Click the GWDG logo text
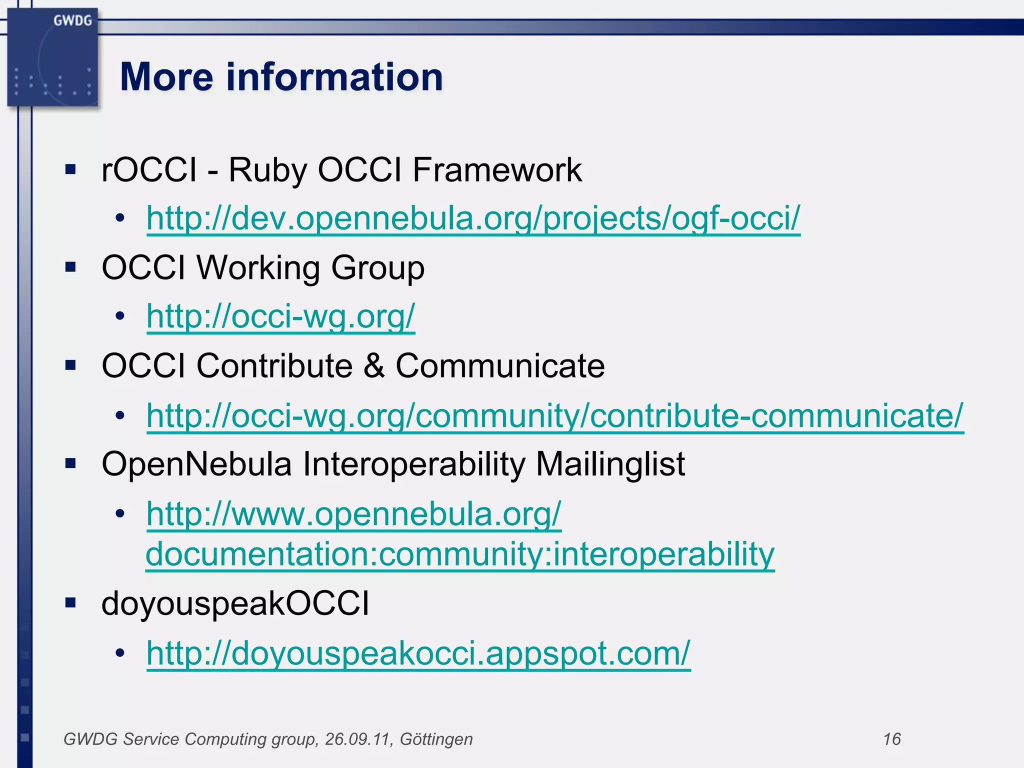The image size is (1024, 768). click(x=72, y=20)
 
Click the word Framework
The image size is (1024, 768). click(x=497, y=170)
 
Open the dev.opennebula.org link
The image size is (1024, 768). click(x=473, y=218)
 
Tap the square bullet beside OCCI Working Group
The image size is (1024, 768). click(x=70, y=267)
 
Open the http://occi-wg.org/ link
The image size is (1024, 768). click(x=280, y=316)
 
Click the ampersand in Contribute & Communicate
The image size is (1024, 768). click(x=374, y=365)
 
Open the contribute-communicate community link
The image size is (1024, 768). click(x=554, y=415)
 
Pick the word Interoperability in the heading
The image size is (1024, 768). click(x=414, y=464)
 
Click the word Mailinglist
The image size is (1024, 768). click(x=610, y=464)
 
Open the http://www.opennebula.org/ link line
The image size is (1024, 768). click(x=353, y=514)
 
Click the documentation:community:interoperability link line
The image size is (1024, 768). click(x=460, y=554)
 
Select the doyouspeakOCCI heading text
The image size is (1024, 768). click(x=235, y=603)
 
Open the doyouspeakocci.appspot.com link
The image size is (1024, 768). click(x=418, y=653)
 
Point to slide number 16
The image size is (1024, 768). click(x=891, y=739)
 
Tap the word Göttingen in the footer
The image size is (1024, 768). click(x=436, y=739)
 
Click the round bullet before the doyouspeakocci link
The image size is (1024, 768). click(x=119, y=653)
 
